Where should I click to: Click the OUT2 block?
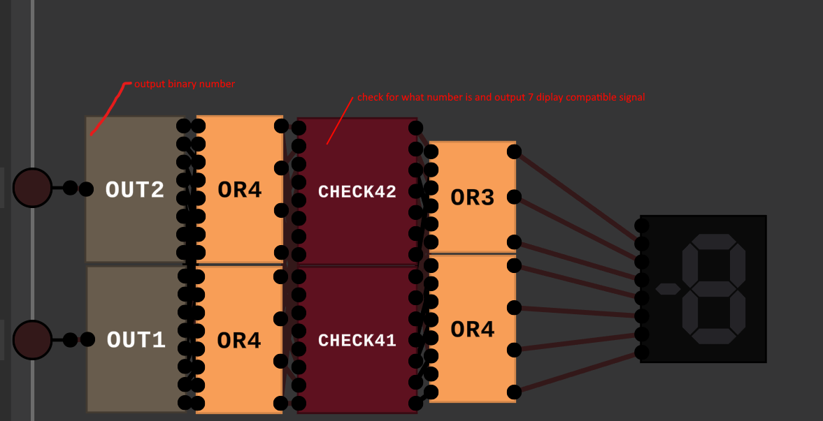pyautogui.click(x=134, y=189)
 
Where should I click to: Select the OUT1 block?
pyautogui.click(x=136, y=340)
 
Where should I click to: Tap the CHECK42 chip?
pyautogui.click(x=357, y=191)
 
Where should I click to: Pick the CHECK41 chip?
pyautogui.click(x=357, y=340)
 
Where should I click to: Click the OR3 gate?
pyautogui.click(x=472, y=198)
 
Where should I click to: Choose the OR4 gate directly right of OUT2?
pyautogui.click(x=239, y=189)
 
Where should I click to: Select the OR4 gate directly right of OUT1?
pyautogui.click(x=239, y=340)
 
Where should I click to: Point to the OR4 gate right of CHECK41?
pyautogui.click(x=472, y=329)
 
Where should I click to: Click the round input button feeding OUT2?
pyautogui.click(x=32, y=188)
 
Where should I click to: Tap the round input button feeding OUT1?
pyautogui.click(x=32, y=340)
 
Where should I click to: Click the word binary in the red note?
pyautogui.click(x=183, y=84)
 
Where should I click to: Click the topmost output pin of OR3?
pyautogui.click(x=514, y=152)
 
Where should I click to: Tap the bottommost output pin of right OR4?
pyautogui.click(x=514, y=392)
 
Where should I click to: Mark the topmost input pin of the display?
pyautogui.click(x=641, y=226)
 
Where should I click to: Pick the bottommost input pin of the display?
pyautogui.click(x=641, y=352)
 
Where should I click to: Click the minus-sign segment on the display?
pyautogui.click(x=668, y=289)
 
